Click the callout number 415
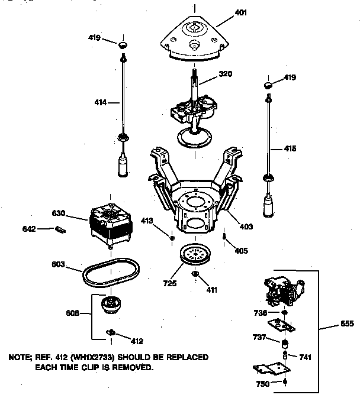pyautogui.click(x=290, y=148)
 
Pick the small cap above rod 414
pyautogui.click(x=123, y=45)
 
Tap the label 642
pyautogui.click(x=29, y=228)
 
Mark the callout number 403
pyautogui.click(x=246, y=226)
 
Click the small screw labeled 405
pyautogui.click(x=226, y=238)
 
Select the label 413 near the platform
pyautogui.click(x=163, y=221)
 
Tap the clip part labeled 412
pyautogui.click(x=111, y=334)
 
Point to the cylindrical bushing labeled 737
pyautogui.click(x=284, y=344)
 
